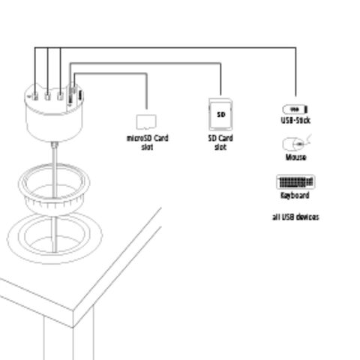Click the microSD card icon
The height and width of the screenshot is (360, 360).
click(x=145, y=121)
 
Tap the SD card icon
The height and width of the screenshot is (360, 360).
click(x=220, y=115)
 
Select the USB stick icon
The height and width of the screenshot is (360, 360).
click(x=296, y=109)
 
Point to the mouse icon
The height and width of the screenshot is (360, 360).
click(x=294, y=143)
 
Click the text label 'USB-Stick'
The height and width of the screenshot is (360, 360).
click(x=295, y=120)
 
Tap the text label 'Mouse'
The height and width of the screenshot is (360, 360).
click(x=295, y=157)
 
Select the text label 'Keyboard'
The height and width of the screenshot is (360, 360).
click(x=295, y=195)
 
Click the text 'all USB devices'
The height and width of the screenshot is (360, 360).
click(x=295, y=217)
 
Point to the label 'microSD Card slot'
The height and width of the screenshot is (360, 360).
click(x=147, y=142)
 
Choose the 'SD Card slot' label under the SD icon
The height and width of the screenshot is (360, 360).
click(x=220, y=142)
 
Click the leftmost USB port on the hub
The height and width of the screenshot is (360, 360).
click(x=35, y=95)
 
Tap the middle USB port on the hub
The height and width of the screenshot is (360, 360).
click(x=48, y=95)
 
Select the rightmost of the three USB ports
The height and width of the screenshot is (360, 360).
click(x=61, y=95)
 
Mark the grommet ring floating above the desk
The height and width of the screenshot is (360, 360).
click(x=54, y=191)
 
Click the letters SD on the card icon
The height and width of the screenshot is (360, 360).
click(x=220, y=114)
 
